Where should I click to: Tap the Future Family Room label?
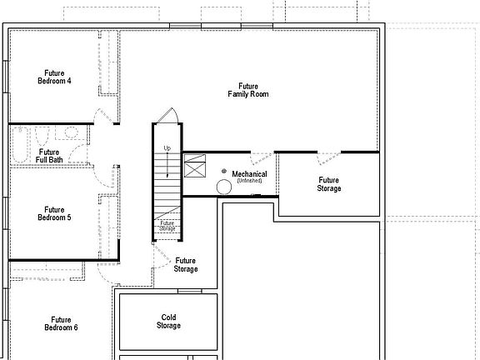[x=247, y=90]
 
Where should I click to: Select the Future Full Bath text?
[x=48, y=156]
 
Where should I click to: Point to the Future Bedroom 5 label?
[x=54, y=213]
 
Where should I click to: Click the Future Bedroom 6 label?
[x=60, y=323]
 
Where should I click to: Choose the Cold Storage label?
[x=168, y=321]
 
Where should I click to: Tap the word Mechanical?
[x=249, y=174]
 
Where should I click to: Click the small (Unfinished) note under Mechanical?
[x=249, y=181]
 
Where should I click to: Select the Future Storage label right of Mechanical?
[x=328, y=183]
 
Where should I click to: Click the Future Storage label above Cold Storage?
[x=186, y=265]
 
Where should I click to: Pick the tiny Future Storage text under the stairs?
[x=167, y=225]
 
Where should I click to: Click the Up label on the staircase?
[x=167, y=148]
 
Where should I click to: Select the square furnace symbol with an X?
[x=195, y=168]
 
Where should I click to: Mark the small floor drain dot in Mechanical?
[x=224, y=171]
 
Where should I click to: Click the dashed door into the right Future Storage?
[x=328, y=157]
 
